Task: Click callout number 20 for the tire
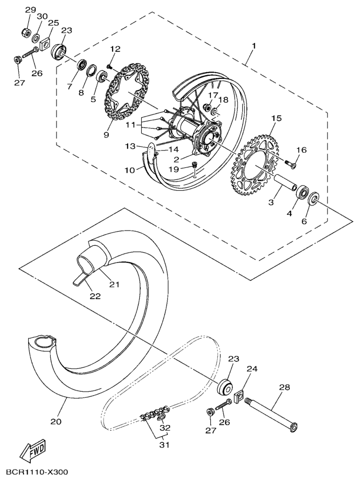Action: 56,421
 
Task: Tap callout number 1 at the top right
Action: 253,46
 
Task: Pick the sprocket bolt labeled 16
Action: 291,164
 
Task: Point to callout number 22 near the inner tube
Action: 95,295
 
